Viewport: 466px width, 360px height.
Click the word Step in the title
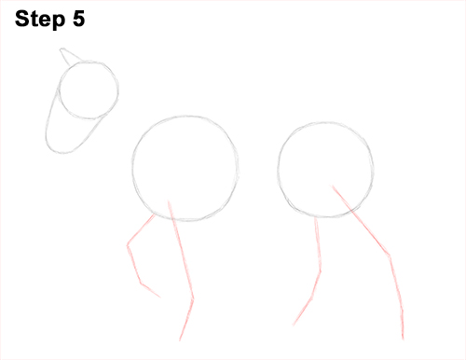pyautogui.click(x=41, y=19)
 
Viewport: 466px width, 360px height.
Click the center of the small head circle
pyautogui.click(x=89, y=91)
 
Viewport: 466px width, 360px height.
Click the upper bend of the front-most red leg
pyautogui.click(x=129, y=244)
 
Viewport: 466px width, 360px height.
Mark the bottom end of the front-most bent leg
pyautogui.click(x=161, y=298)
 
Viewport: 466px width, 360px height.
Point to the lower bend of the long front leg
pyautogui.click(x=193, y=299)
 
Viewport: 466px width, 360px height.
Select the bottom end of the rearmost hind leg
pyautogui.click(x=403, y=338)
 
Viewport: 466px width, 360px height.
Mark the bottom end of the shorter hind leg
pyautogui.click(x=294, y=325)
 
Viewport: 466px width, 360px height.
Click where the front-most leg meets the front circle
pyautogui.click(x=154, y=214)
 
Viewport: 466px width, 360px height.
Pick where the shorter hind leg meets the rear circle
pyautogui.click(x=317, y=217)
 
